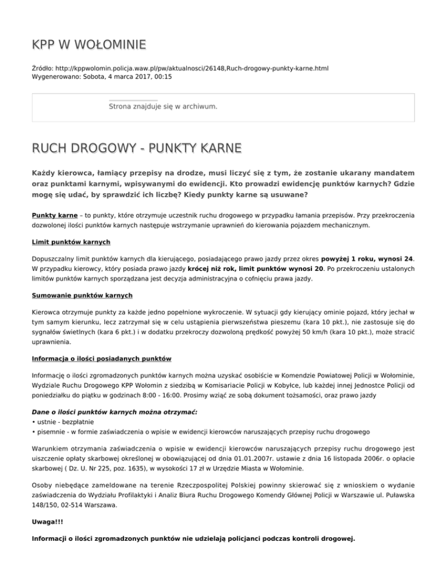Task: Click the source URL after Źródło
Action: point(196,68)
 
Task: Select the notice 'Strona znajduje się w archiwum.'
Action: point(163,106)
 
